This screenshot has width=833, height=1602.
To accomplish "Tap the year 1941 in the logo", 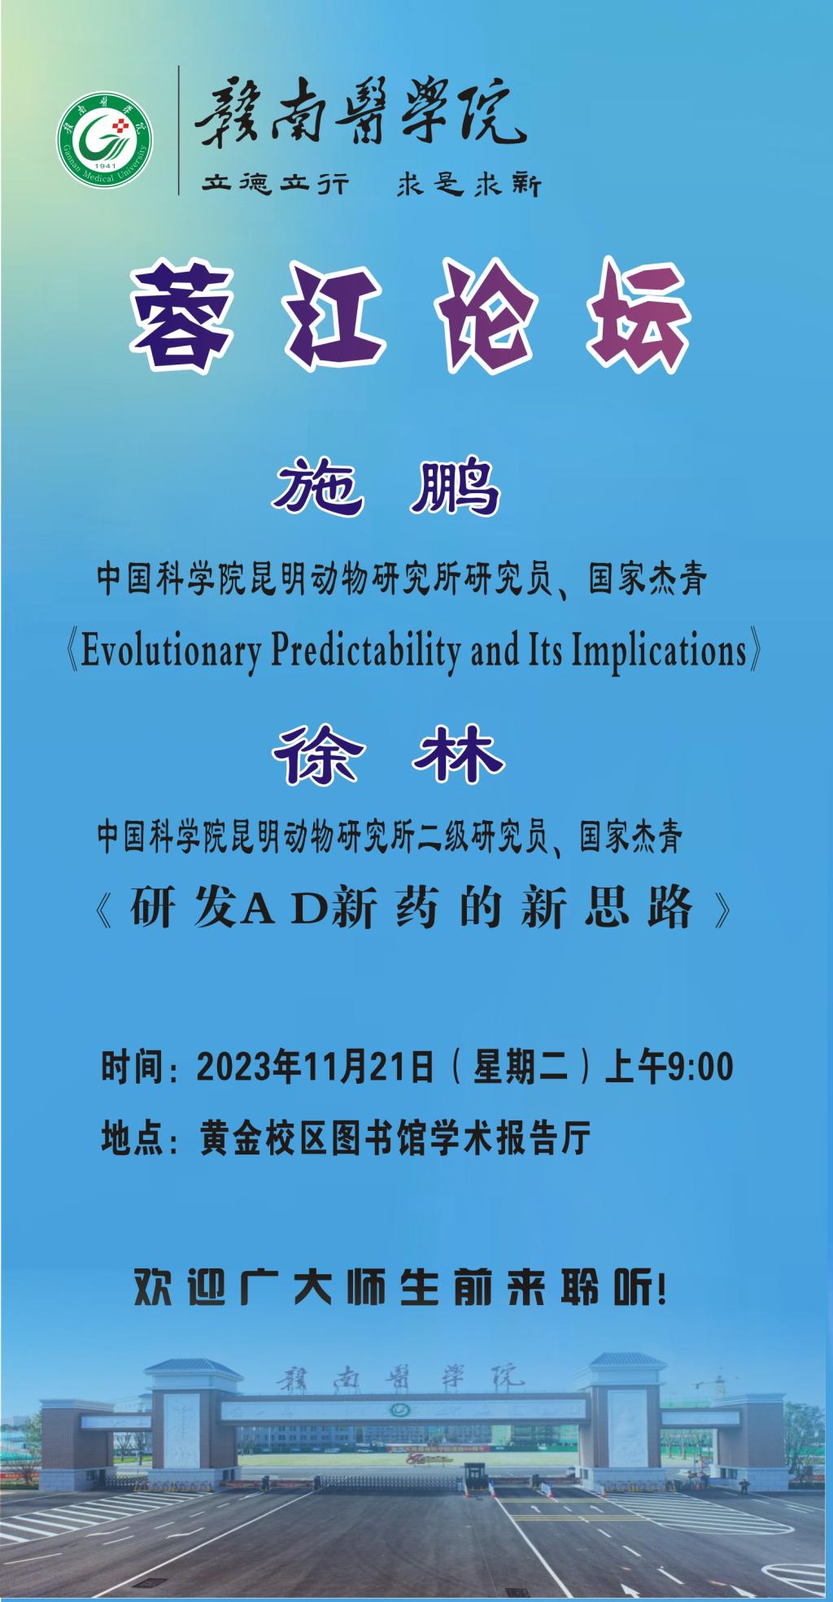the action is [x=105, y=177].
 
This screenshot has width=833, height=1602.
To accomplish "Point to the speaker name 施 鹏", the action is [x=387, y=488].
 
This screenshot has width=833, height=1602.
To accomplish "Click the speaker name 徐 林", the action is [x=389, y=753].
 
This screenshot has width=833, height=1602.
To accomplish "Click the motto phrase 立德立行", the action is [x=276, y=186].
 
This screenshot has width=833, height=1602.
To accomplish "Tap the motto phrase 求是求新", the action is [x=468, y=186].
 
